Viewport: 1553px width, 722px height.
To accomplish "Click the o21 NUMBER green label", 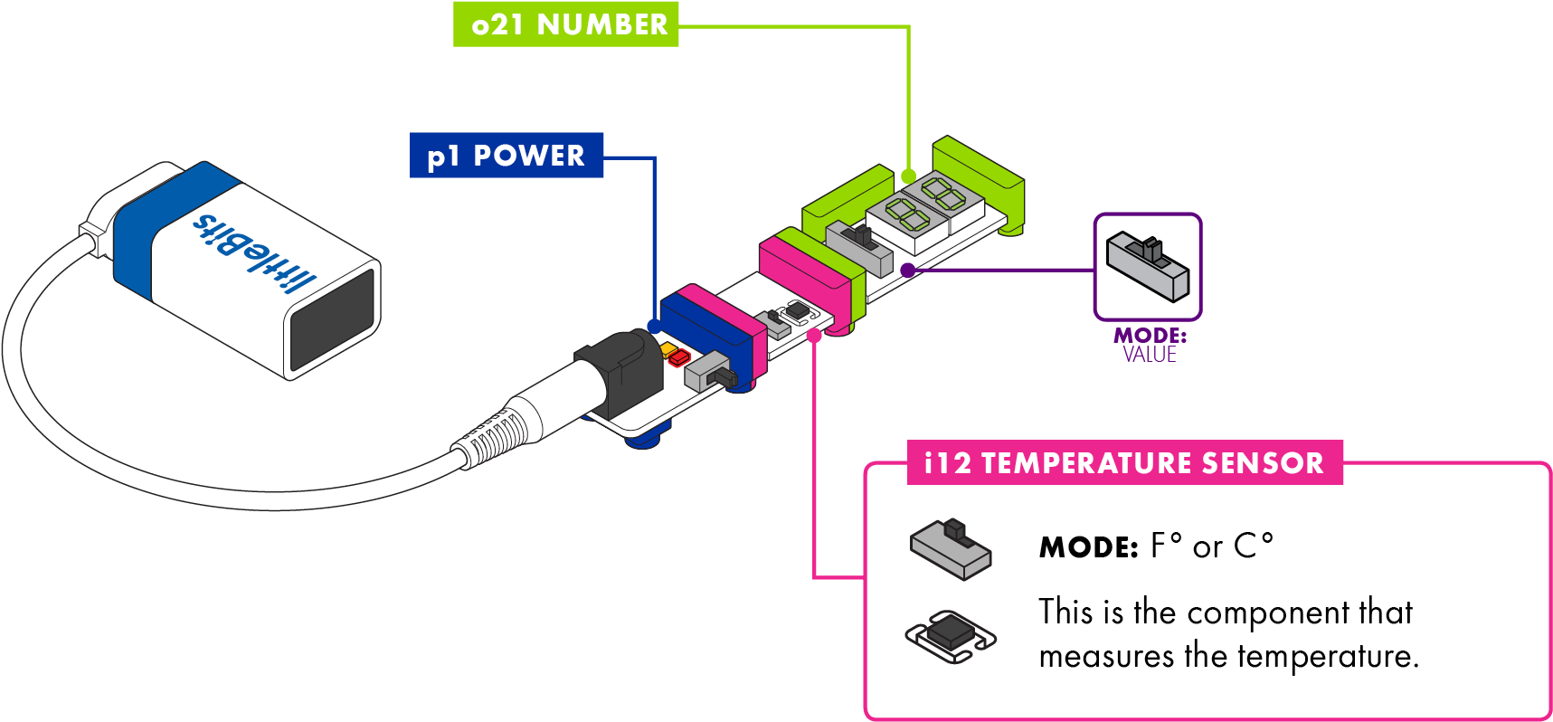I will pyautogui.click(x=566, y=24).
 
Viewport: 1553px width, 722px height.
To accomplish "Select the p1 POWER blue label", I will pyautogui.click(x=507, y=156).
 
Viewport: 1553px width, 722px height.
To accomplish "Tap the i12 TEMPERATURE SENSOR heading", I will pyautogui.click(x=1124, y=463).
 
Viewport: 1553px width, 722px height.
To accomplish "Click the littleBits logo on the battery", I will pyautogui.click(x=254, y=252).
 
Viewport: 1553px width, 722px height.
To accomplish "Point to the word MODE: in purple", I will pyautogui.click(x=1150, y=336).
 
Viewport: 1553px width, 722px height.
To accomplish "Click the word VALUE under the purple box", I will pyautogui.click(x=1150, y=355).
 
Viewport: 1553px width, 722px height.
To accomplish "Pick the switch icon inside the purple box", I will pyautogui.click(x=1148, y=267).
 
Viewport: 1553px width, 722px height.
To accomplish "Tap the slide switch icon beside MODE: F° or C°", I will pyautogui.click(x=951, y=548).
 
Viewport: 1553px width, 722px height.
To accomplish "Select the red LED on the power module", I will pyautogui.click(x=679, y=358).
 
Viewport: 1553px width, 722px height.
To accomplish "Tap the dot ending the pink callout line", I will pyautogui.click(x=814, y=336).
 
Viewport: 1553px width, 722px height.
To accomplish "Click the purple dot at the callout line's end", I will pyautogui.click(x=907, y=270).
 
